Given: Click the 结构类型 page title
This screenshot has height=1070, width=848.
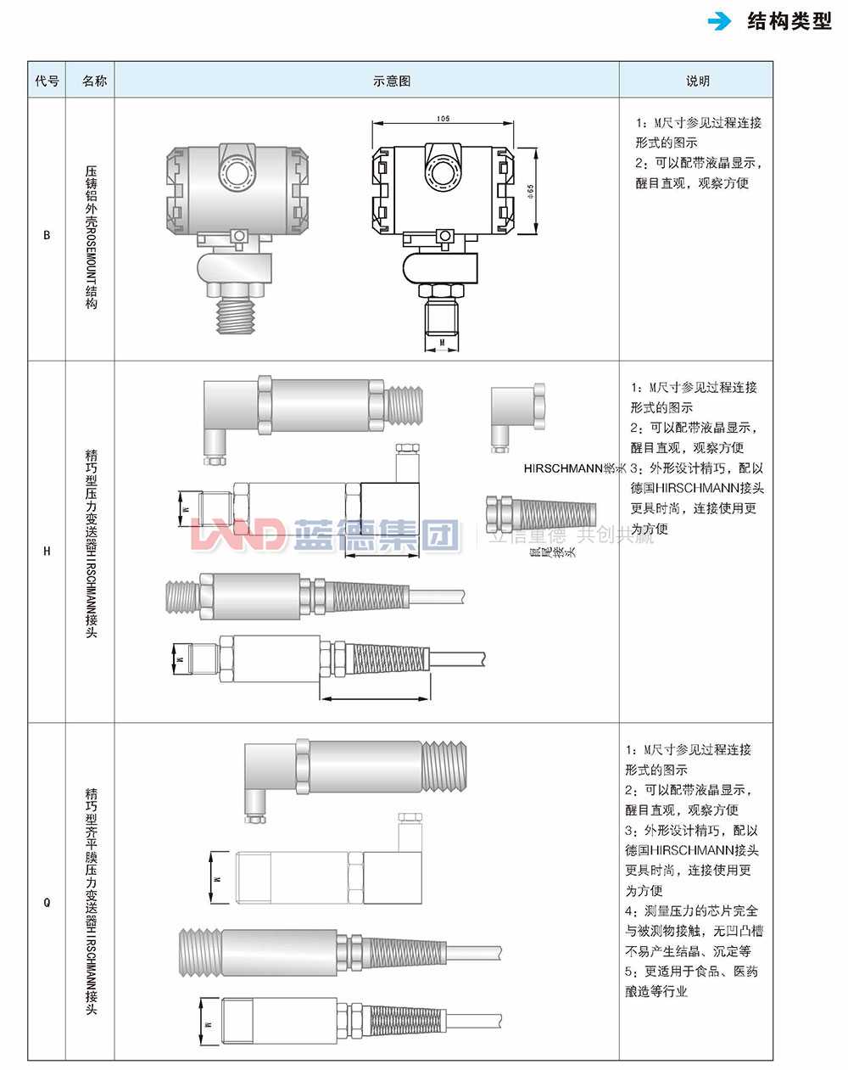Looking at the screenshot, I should [x=789, y=22].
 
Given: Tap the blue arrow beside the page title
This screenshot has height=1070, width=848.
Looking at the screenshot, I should [x=720, y=22].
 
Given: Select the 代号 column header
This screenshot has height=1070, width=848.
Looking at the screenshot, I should [x=47, y=81].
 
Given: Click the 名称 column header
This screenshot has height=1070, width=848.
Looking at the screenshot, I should [x=94, y=81].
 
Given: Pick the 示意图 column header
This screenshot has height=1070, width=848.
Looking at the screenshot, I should [x=391, y=81].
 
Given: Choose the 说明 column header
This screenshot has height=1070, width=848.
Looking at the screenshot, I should [x=697, y=81].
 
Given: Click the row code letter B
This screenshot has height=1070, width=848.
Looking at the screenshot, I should [x=47, y=235].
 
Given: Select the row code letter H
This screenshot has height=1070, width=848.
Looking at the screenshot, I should [x=47, y=551].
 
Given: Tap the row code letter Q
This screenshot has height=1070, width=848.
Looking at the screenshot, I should [x=47, y=902].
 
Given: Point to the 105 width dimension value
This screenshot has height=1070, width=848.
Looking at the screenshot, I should [x=443, y=119].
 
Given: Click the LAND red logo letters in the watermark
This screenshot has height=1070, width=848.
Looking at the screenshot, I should [x=238, y=535].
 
